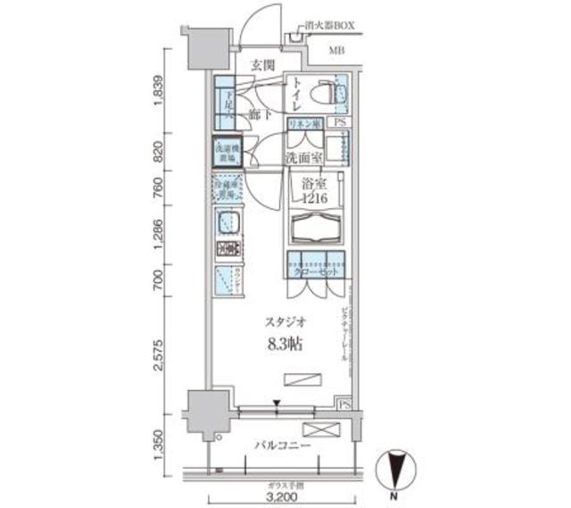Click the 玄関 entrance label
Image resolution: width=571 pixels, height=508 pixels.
pos(261,65)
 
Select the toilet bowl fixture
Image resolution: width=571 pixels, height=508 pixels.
pos(337,93)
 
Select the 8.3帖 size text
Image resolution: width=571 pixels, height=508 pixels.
pos(281,342)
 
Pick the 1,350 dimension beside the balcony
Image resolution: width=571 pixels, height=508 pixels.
pos(159,444)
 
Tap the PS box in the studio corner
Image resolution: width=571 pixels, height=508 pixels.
pos(344,404)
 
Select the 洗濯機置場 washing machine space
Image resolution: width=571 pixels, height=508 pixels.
pos(227,153)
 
